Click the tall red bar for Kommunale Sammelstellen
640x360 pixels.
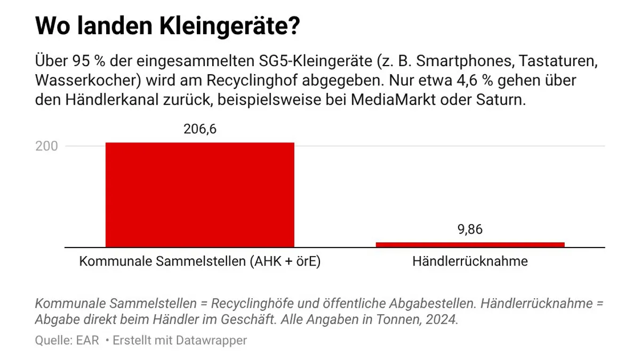(199, 195)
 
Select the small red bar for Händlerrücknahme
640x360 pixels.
(470, 244)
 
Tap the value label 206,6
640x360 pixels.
(200, 130)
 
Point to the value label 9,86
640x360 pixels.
(470, 229)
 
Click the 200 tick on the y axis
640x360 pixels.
(46, 146)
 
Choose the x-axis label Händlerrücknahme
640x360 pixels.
(470, 262)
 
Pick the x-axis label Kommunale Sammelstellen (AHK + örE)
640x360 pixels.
(199, 262)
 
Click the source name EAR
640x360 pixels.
(87, 340)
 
